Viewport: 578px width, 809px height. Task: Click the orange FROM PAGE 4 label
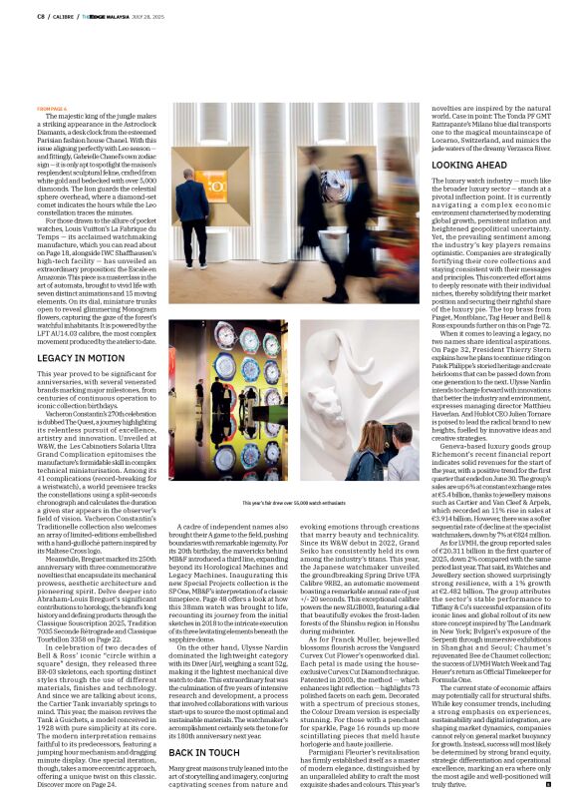[x=53, y=108]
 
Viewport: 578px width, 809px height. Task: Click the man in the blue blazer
[x=187, y=185]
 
